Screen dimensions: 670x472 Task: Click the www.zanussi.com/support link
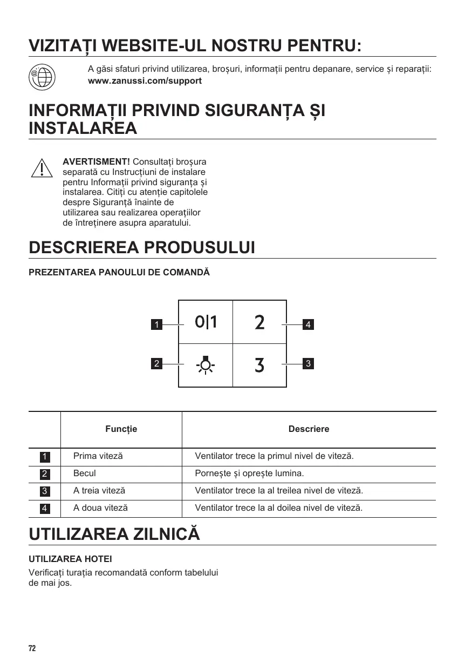145,81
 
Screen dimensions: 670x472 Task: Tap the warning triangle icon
42,168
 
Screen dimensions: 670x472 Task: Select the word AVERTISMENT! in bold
97,162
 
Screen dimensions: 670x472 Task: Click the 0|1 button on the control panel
206,322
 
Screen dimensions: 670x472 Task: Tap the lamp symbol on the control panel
206,365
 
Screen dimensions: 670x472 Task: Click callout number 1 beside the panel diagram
156,324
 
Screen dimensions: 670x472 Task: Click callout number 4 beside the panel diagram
307,324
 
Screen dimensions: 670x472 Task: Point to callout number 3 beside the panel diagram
307,363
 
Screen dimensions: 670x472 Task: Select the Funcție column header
121,429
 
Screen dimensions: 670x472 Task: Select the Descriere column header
309,429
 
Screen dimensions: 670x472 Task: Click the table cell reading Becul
85,473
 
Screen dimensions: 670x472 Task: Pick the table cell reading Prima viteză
98,456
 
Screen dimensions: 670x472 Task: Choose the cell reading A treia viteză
99,491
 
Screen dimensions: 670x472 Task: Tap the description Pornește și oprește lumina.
249,473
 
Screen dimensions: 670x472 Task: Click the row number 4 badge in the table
45,509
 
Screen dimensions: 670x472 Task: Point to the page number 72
32,648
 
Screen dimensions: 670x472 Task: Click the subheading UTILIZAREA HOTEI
70,558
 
